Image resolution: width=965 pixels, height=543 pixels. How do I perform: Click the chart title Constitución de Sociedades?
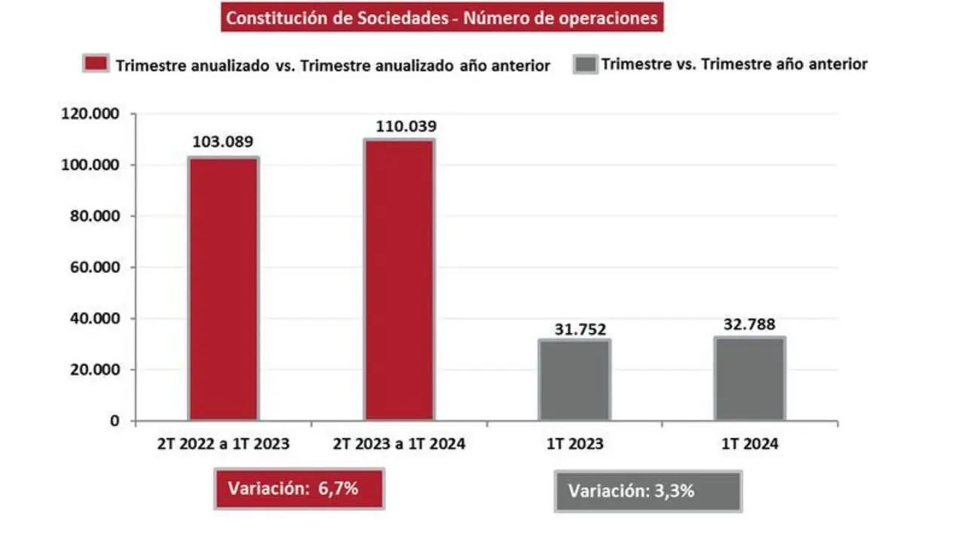point(442,18)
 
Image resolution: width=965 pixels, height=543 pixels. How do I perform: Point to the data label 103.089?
point(222,142)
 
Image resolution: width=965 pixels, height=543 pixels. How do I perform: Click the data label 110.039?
point(400,126)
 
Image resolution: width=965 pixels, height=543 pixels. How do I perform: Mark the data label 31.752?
point(574,329)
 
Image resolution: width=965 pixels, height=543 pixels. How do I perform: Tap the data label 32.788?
point(750,325)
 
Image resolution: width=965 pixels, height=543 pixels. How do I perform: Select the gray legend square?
point(585,63)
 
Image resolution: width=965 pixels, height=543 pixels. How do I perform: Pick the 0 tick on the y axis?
point(115,421)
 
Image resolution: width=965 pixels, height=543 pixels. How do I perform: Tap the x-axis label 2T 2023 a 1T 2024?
point(400,444)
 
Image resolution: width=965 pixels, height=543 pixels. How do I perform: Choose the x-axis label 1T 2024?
point(750,444)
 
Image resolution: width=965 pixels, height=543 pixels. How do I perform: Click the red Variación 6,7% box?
point(299,488)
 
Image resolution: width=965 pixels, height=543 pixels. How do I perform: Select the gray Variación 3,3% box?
point(648,491)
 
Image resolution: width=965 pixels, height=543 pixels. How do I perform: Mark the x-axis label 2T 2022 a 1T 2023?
point(223,444)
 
